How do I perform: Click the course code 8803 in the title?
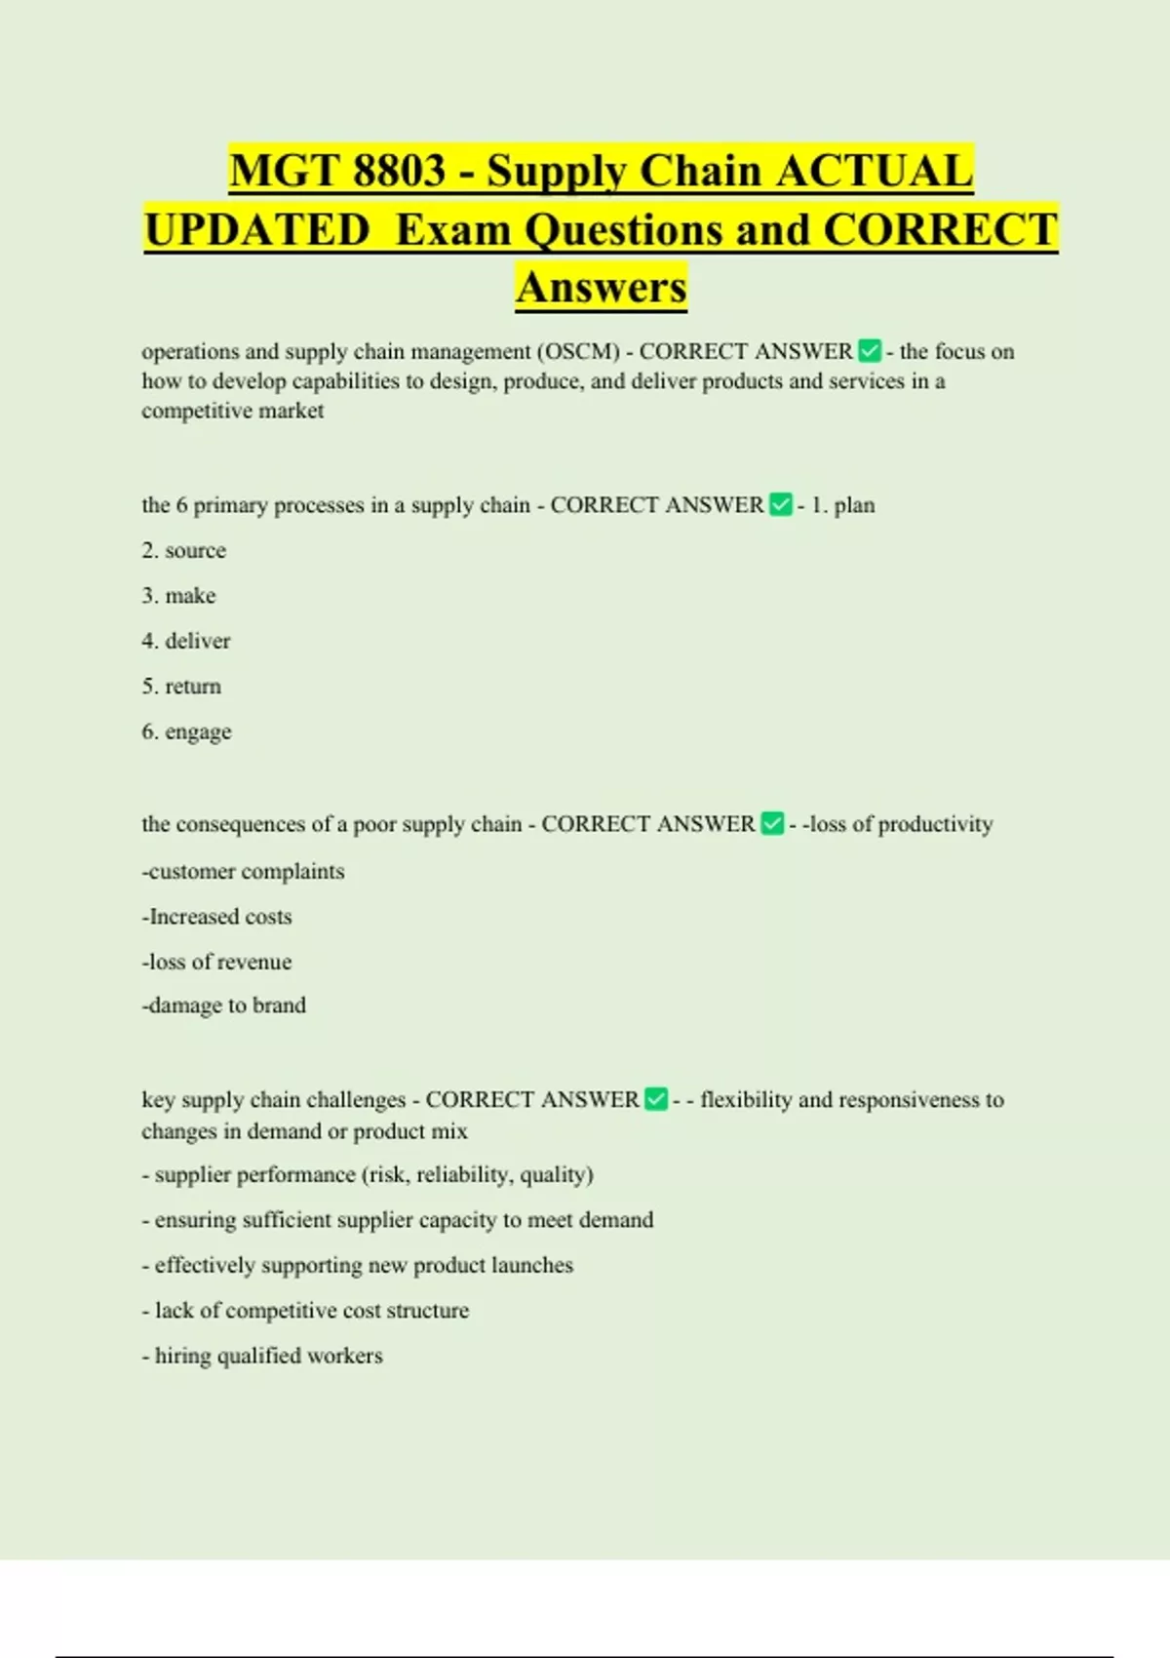pyautogui.click(x=399, y=172)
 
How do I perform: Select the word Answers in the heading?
pyautogui.click(x=602, y=288)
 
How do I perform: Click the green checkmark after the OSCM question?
pyautogui.click(x=870, y=350)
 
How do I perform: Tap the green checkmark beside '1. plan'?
pyautogui.click(x=781, y=504)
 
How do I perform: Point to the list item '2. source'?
pyautogui.click(x=184, y=550)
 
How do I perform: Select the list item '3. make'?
pyautogui.click(x=178, y=595)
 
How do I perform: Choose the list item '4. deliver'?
pyautogui.click(x=186, y=641)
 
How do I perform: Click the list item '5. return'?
pyautogui.click(x=181, y=686)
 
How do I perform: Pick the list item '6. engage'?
pyautogui.click(x=186, y=731)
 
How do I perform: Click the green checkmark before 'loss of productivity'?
pyautogui.click(x=772, y=823)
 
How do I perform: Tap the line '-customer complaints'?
pyautogui.click(x=243, y=871)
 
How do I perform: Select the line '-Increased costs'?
pyautogui.click(x=216, y=917)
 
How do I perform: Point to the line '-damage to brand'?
pyautogui.click(x=223, y=1006)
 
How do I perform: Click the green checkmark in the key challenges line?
pyautogui.click(x=656, y=1099)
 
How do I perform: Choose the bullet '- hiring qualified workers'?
pyautogui.click(x=262, y=1356)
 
